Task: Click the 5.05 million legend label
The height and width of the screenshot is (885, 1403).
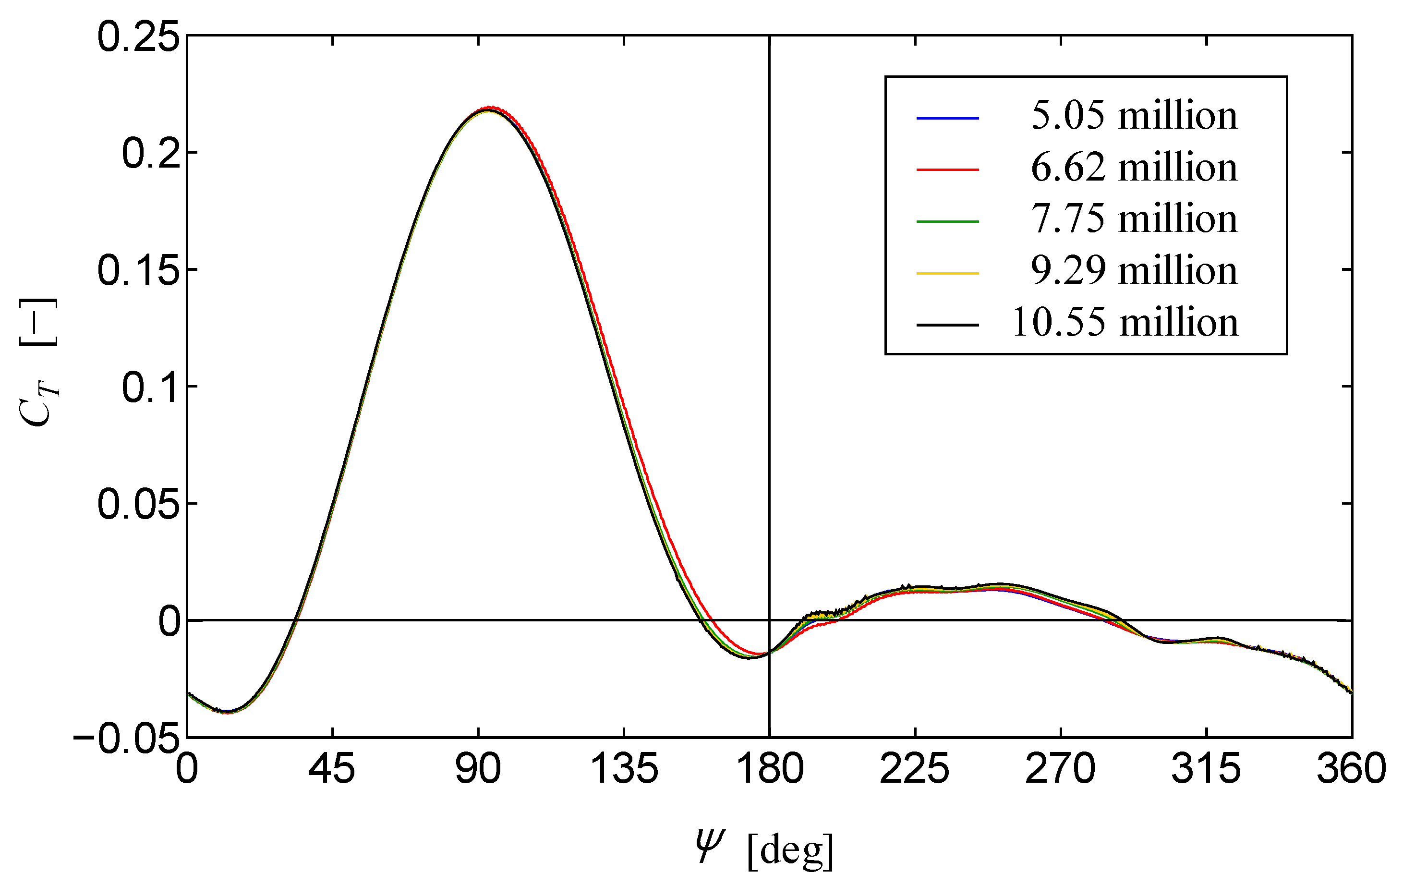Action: [x=1133, y=115]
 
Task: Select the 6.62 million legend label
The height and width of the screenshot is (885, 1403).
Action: [x=1133, y=167]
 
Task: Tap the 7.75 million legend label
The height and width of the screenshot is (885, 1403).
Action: [x=1133, y=219]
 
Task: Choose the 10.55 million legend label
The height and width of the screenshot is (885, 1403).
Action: [x=1125, y=322]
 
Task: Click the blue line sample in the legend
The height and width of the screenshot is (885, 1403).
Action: [x=947, y=118]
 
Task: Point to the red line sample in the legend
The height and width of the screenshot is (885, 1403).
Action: [x=947, y=170]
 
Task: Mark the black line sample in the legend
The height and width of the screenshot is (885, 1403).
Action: [x=947, y=325]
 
